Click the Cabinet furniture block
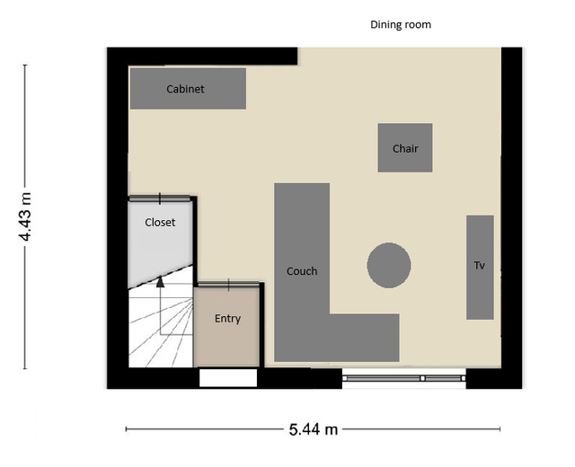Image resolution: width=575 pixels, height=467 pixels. pyautogui.click(x=188, y=88)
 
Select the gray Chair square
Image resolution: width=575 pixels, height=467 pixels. pyautogui.click(x=405, y=147)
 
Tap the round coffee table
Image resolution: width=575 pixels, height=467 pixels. pyautogui.click(x=389, y=265)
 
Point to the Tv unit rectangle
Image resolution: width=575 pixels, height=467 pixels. pyautogui.click(x=480, y=268)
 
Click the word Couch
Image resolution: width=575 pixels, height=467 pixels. pyautogui.click(x=302, y=271)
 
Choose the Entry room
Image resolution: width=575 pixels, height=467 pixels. pyautogui.click(x=226, y=327)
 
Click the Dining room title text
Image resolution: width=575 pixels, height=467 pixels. pyautogui.click(x=401, y=24)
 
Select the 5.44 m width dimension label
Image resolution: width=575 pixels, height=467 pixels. pyautogui.click(x=313, y=429)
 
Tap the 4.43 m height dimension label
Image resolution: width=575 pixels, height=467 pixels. pyautogui.click(x=25, y=216)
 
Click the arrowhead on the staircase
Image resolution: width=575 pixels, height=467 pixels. pyautogui.click(x=160, y=281)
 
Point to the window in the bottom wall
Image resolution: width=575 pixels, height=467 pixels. pyautogui.click(x=403, y=378)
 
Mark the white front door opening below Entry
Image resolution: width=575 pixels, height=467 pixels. pyautogui.click(x=228, y=377)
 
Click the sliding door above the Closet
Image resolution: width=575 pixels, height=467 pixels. pyautogui.click(x=160, y=198)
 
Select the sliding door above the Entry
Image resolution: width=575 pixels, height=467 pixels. pyautogui.click(x=228, y=284)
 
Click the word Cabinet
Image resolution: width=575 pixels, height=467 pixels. pyautogui.click(x=185, y=89)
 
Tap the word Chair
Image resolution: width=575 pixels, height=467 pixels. pyautogui.click(x=405, y=148)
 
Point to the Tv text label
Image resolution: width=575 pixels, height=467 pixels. pyautogui.click(x=479, y=266)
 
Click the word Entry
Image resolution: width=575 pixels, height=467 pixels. pyautogui.click(x=227, y=319)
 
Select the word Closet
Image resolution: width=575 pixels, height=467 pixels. pyautogui.click(x=160, y=222)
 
